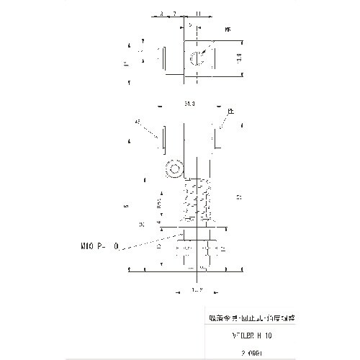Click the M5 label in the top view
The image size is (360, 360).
[228, 30]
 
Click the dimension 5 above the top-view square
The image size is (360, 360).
[190, 24]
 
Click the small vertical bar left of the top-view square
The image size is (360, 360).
[164, 58]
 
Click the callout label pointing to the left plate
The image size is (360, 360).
[137, 122]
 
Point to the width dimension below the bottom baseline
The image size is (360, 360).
[194, 289]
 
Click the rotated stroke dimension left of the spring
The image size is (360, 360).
[160, 207]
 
